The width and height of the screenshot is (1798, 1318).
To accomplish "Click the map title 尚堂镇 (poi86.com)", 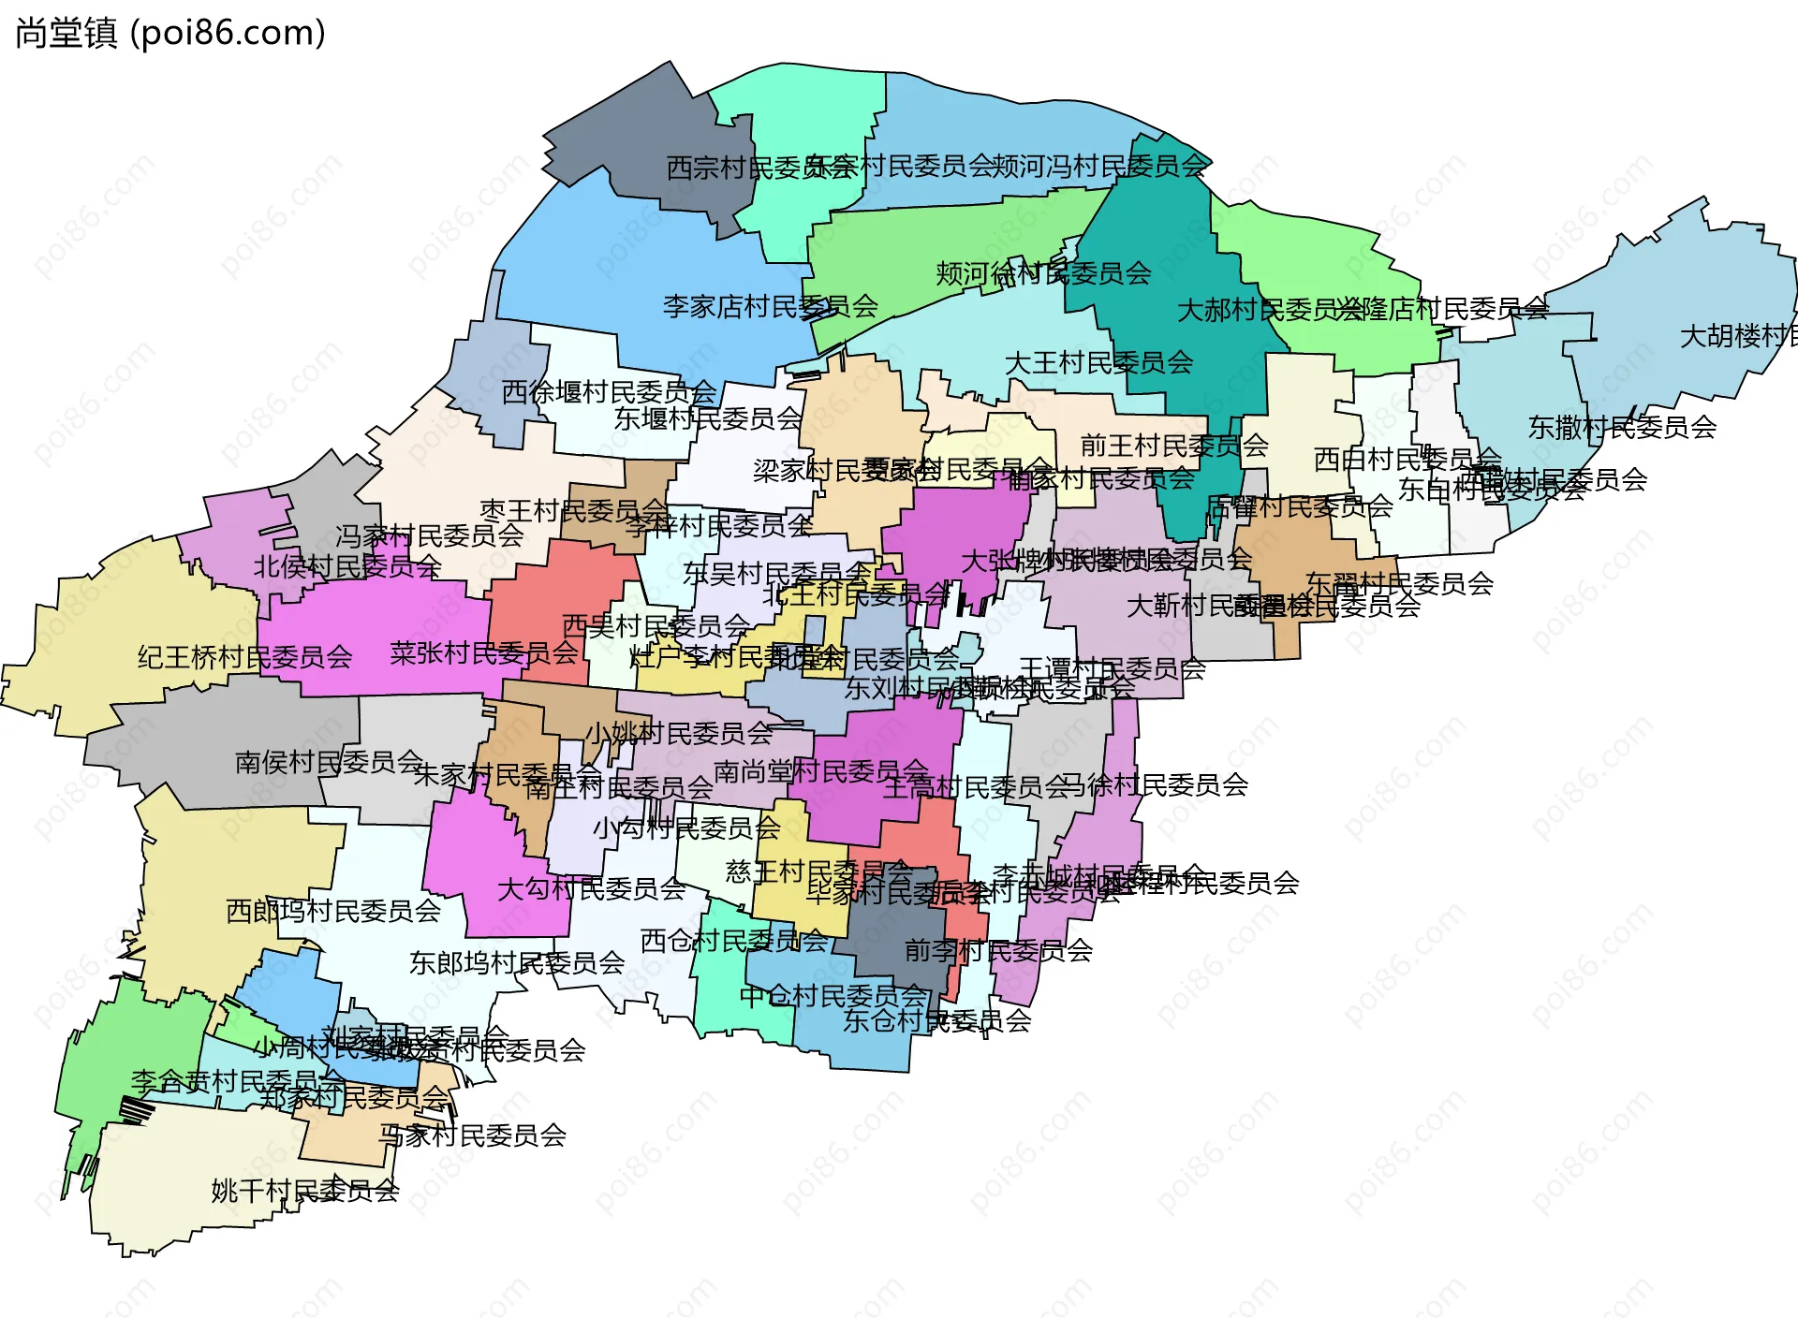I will pyautogui.click(x=170, y=33).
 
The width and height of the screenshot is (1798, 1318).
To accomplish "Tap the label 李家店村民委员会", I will pyautogui.click(x=770, y=306).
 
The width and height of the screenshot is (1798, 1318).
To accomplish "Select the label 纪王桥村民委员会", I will pyautogui.click(x=244, y=657).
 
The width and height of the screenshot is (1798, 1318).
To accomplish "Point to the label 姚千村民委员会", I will pyautogui.click(x=305, y=1191).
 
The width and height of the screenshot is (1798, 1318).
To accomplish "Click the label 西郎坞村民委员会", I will pyautogui.click(x=332, y=910).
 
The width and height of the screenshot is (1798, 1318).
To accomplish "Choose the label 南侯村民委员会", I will pyautogui.click(x=329, y=762).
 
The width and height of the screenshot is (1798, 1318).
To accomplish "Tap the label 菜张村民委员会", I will pyautogui.click(x=483, y=652).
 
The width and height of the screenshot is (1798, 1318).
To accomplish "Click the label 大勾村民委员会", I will pyautogui.click(x=591, y=888).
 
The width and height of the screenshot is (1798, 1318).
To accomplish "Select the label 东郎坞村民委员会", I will pyautogui.click(x=517, y=962).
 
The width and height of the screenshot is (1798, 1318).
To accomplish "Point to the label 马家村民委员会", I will pyautogui.click(x=472, y=1135).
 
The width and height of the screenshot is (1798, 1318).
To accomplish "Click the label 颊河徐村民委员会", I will pyautogui.click(x=1043, y=273).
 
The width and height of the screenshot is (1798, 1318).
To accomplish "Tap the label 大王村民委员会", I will pyautogui.click(x=1098, y=362).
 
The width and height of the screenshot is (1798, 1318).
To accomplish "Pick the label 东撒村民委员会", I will pyautogui.click(x=1622, y=427).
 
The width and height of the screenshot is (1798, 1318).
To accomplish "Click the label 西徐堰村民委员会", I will pyautogui.click(x=609, y=391).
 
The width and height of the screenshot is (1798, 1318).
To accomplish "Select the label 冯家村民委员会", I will pyautogui.click(x=429, y=535).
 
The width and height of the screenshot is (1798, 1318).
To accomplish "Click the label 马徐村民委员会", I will pyautogui.click(x=1154, y=784).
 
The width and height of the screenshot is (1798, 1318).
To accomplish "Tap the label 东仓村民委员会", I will pyautogui.click(x=936, y=1020).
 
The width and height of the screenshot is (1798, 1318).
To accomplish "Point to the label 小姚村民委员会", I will pyautogui.click(x=679, y=733).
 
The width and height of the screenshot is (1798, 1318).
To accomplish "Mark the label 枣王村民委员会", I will pyautogui.click(x=573, y=510).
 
